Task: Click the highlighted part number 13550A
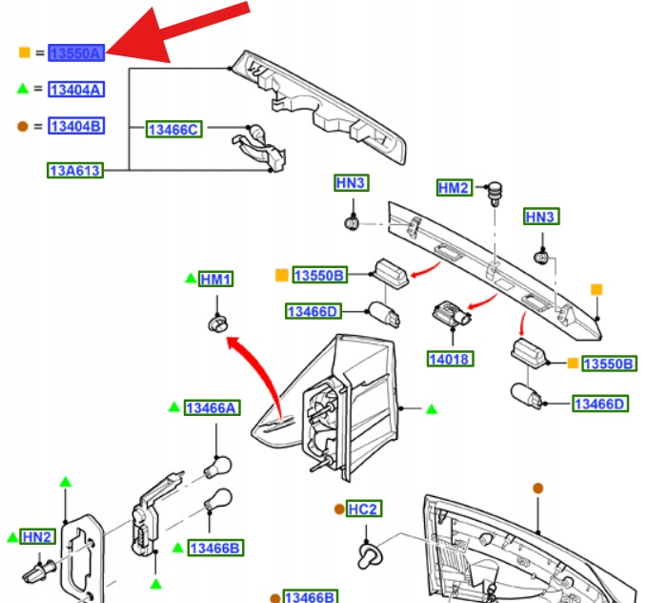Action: pos(75,53)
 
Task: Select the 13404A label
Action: pos(75,90)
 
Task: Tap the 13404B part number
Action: pos(75,126)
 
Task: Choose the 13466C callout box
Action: pos(173,129)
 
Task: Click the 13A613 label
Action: pos(75,171)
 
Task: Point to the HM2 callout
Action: pos(455,188)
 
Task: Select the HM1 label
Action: pos(216,280)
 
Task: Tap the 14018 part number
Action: pos(451,359)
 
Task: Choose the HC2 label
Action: pos(363,509)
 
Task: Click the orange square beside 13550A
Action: pos(24,53)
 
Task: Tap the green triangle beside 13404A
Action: pos(24,89)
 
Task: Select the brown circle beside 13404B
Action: pos(24,126)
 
